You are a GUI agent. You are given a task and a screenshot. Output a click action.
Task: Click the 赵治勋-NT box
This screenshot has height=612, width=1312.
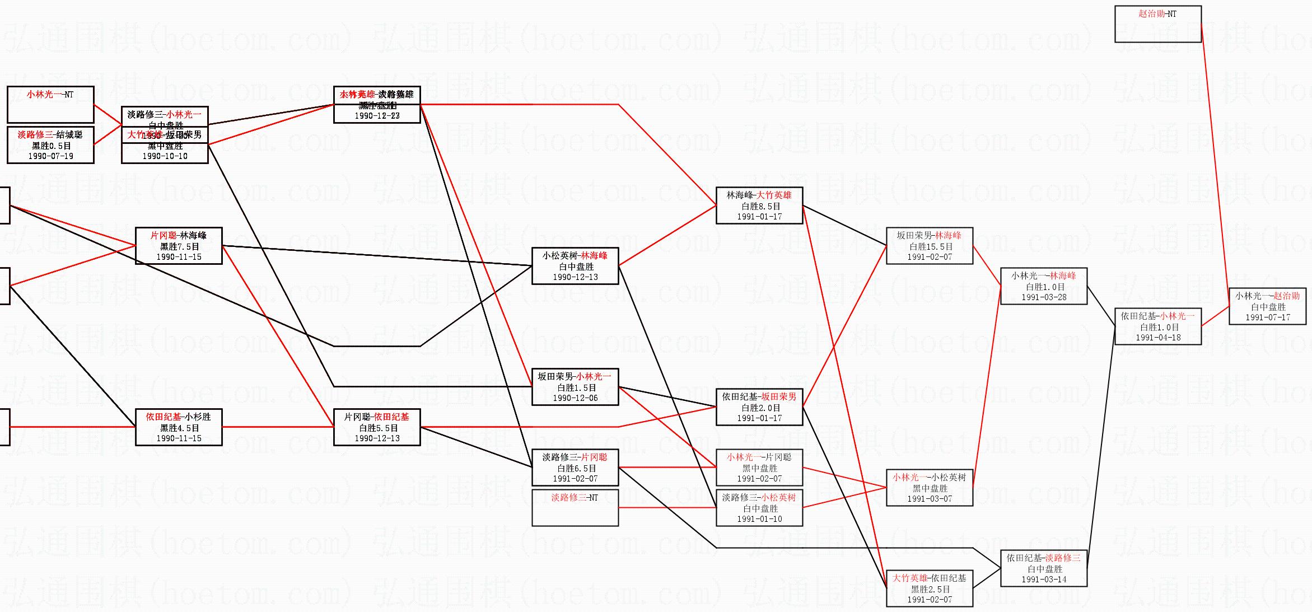(1157, 24)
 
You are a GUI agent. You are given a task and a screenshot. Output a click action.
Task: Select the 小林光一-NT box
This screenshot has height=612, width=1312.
(50, 104)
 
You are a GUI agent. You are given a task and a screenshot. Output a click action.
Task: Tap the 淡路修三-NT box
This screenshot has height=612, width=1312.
(575, 507)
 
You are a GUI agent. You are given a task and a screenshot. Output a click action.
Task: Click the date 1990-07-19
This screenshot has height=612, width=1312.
(50, 156)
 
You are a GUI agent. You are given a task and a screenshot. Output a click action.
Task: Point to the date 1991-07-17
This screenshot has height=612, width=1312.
(1268, 317)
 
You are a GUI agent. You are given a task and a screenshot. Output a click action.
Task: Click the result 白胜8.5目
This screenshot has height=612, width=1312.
(759, 206)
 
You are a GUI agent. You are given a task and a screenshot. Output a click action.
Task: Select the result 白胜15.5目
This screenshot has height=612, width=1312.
(930, 246)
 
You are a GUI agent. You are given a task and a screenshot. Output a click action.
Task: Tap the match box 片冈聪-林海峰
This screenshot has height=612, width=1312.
(179, 245)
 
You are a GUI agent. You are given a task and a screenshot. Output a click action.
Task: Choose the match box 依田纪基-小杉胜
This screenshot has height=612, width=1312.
(179, 427)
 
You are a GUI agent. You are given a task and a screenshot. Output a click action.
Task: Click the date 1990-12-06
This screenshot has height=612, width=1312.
(575, 398)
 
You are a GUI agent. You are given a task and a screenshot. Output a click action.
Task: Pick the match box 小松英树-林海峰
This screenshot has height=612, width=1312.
(575, 265)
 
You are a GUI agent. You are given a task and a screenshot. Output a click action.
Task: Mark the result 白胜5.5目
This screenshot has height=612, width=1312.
(377, 428)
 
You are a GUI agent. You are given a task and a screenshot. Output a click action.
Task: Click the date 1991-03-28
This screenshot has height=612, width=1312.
(1044, 297)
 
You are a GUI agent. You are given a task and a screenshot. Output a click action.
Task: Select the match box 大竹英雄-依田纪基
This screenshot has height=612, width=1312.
(930, 588)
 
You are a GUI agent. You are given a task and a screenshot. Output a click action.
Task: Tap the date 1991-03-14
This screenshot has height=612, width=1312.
(1044, 580)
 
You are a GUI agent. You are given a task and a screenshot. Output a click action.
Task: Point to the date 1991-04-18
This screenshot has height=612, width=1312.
(1158, 338)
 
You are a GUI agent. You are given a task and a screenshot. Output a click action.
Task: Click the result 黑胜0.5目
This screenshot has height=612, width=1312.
(50, 146)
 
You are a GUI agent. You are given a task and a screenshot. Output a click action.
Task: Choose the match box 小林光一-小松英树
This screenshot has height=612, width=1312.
(930, 487)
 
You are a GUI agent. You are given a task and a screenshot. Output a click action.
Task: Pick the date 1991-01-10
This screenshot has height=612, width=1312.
(759, 519)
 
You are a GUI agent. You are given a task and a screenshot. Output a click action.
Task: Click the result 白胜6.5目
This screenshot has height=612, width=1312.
(575, 468)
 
